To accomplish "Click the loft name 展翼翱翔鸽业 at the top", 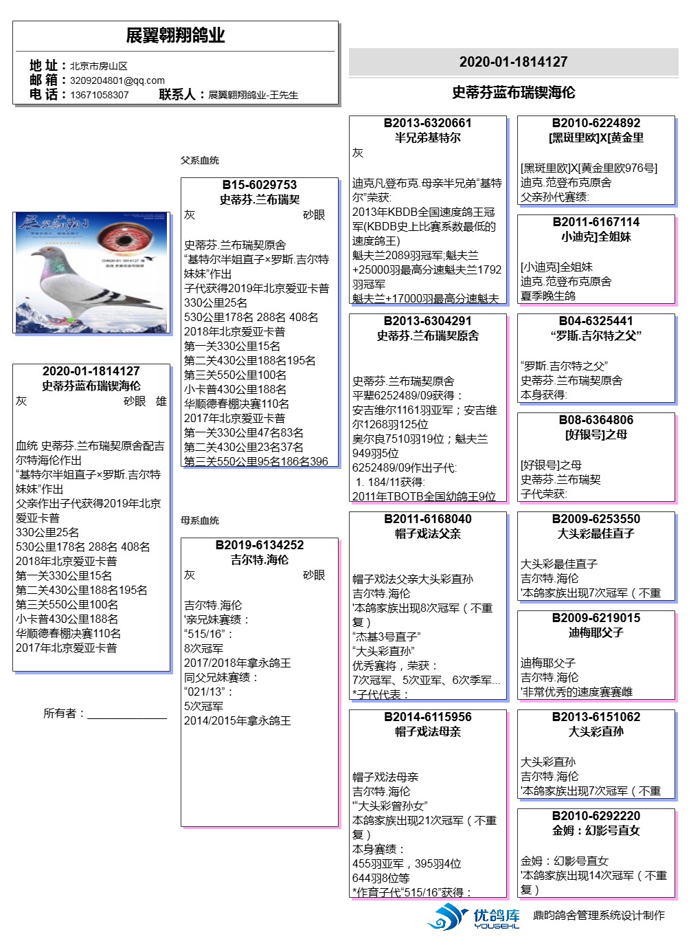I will point(175,36).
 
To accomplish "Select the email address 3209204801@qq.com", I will point(117,80).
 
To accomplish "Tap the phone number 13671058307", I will point(99,95).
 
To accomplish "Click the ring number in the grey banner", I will point(513,62).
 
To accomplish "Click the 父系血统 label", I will point(200,160).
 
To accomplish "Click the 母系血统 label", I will point(200,520).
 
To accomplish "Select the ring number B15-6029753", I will point(259,185).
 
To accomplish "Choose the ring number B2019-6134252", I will point(259,545).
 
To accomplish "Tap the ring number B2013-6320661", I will point(427,123).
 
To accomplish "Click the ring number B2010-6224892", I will point(596,123).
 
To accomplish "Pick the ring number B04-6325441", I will point(596,321).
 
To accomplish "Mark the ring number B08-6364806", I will point(596,420).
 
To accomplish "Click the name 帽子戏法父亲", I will point(427,533).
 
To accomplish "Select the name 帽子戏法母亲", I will point(427,731).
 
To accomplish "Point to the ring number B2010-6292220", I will point(596,816).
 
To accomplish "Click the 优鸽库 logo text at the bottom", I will point(497,915).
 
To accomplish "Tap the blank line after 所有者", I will point(127,715).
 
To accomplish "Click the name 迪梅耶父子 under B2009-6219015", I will point(596,632).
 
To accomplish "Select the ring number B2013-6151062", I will point(596,717).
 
